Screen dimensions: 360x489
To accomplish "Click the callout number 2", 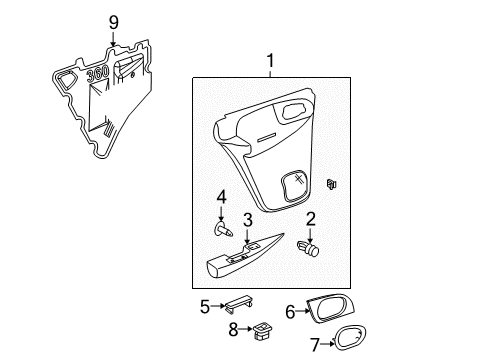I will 311,219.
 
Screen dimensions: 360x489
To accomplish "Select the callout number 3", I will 246,219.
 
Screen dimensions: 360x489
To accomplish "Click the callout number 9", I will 113,22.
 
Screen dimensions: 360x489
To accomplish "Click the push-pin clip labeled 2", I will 311,247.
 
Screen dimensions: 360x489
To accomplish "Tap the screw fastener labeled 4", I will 223,231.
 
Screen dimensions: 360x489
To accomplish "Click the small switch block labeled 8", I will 261,327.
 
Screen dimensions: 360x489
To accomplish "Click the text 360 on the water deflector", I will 97,75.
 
